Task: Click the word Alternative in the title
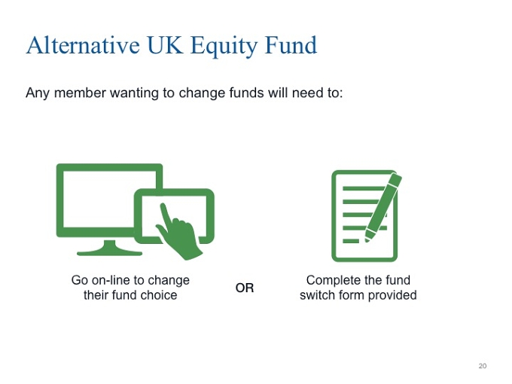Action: [84, 45]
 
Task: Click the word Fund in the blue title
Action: [291, 45]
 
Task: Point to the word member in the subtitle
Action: [80, 93]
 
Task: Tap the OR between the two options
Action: [245, 288]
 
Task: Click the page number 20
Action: [483, 366]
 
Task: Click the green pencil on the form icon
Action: [382, 207]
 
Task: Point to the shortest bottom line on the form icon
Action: [351, 241]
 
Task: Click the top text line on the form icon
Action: [364, 189]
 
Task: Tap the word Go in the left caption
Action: [80, 280]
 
